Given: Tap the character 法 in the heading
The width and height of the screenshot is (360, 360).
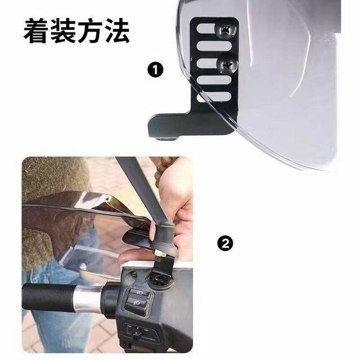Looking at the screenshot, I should click(x=116, y=31).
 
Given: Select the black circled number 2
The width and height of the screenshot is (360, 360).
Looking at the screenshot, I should click(x=224, y=244).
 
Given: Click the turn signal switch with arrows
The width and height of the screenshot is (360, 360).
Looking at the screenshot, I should click(x=136, y=331).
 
